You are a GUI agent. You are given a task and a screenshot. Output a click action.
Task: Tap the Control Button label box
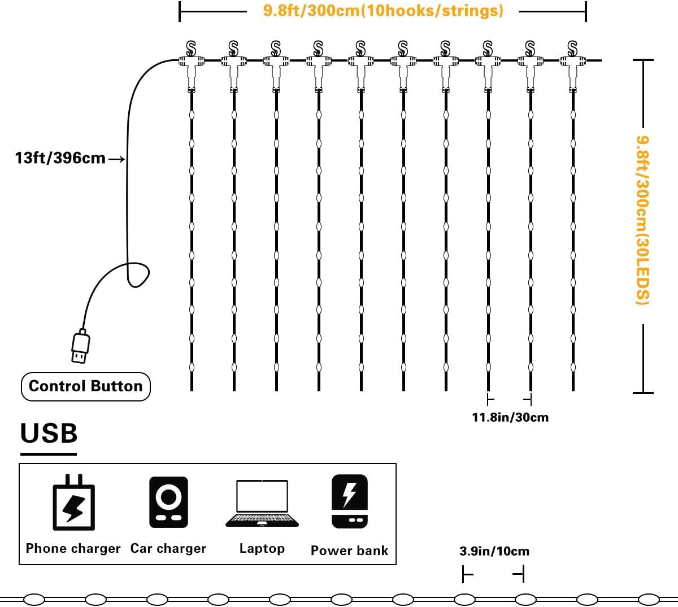85,386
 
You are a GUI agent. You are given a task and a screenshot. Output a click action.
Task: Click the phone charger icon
74,503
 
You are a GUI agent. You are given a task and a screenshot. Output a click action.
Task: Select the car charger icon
168,502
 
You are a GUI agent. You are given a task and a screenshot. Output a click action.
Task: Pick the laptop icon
262,504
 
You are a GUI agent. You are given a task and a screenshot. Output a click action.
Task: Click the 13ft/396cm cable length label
60,158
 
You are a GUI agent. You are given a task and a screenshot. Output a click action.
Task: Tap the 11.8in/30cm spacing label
510,417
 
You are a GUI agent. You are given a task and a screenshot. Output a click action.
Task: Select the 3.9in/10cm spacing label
494,551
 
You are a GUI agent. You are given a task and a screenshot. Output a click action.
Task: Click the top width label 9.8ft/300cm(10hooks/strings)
383,11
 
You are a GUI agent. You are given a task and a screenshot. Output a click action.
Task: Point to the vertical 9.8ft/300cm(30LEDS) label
642,220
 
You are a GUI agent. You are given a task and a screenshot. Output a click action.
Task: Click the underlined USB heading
49,433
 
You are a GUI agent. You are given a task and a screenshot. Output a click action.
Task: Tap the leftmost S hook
191,49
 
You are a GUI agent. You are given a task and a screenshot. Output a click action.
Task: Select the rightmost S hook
572,49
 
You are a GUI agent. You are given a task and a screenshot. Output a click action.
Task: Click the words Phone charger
73,548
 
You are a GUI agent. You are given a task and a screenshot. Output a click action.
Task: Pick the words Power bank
350,551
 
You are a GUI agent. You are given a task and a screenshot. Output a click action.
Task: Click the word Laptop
262,548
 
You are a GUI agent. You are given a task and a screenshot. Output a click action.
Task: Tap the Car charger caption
168,548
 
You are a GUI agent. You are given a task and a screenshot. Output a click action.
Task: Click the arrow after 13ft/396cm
116,159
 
